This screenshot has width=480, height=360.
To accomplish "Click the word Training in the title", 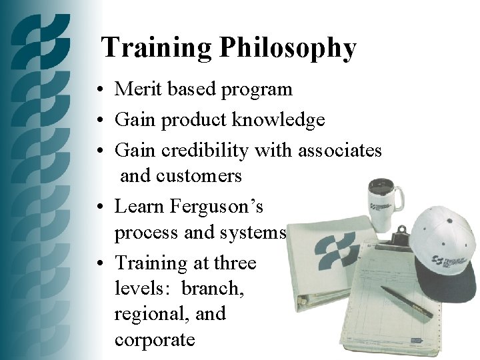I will (x=156, y=49).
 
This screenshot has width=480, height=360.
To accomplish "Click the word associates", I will (x=339, y=151).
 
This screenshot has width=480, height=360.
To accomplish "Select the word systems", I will (x=257, y=233).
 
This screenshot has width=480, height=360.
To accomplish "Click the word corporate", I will (x=155, y=339).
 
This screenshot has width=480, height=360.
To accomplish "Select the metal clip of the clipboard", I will (x=399, y=235).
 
